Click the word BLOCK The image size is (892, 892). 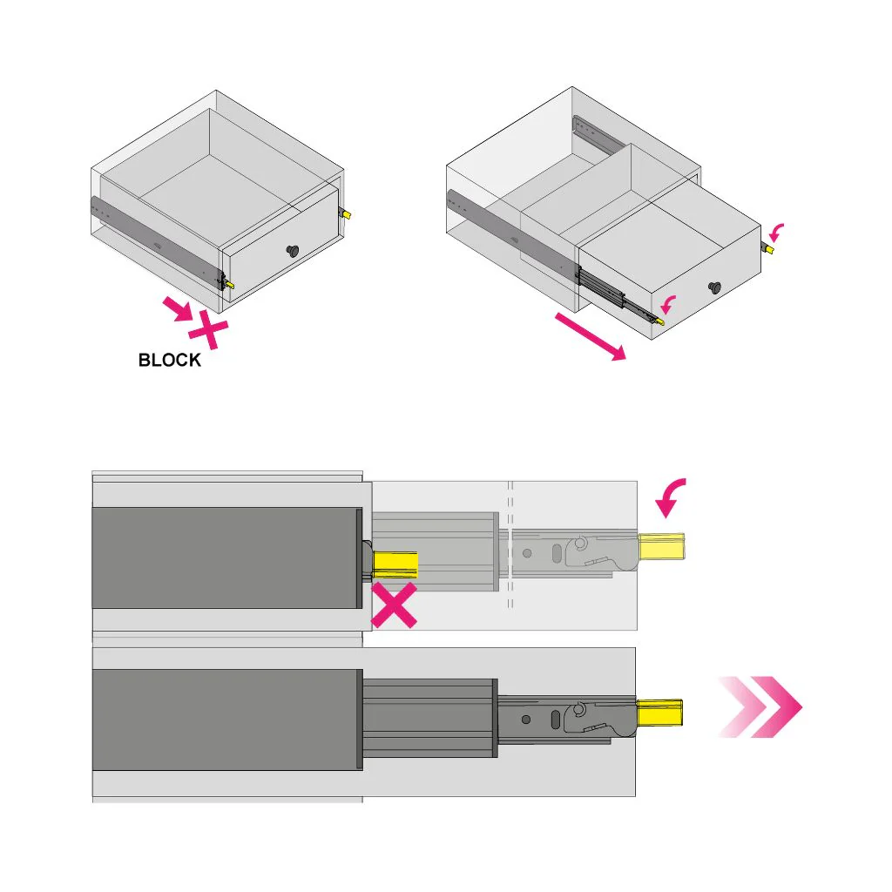coord(170,360)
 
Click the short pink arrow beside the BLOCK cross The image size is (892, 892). coord(179,307)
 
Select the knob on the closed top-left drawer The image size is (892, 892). coord(292,251)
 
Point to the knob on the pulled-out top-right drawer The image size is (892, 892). coord(715,287)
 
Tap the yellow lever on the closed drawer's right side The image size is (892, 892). coord(346,213)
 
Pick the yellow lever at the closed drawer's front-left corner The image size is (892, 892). coord(229,284)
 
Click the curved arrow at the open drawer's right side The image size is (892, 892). coord(777,231)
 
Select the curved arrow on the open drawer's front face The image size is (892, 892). coord(669,304)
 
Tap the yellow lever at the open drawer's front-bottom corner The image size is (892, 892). coord(659,321)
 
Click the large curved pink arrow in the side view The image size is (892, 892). coord(672,497)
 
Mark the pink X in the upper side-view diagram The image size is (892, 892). coord(394,606)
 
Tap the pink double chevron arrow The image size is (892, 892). coord(760,706)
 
